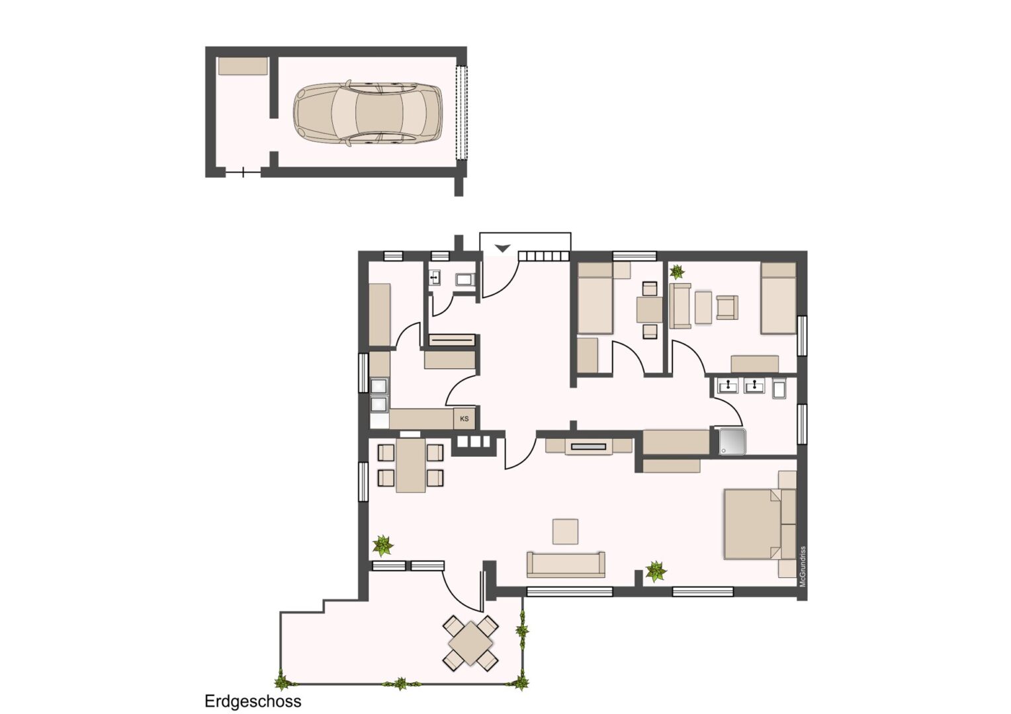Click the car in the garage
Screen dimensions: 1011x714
pos(368,113)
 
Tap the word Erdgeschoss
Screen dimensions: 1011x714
pos(253,701)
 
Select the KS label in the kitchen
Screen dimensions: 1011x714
pos(464,418)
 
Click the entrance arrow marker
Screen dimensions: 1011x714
pos(502,248)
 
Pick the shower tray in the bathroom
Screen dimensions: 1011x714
pos(732,442)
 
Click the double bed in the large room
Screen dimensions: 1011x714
pos(752,524)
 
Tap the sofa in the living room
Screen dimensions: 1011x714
pos(566,564)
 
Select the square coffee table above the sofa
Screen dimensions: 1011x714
pos(565,532)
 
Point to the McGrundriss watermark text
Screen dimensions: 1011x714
pos(803,567)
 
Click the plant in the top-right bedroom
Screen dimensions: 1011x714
pos(677,272)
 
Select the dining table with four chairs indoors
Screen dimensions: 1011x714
pos(411,465)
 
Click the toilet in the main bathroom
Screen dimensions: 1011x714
pos(779,389)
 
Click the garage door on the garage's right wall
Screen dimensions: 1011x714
pos(461,113)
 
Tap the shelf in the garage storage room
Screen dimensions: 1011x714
pos(243,66)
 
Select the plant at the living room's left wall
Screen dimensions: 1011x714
pos(382,546)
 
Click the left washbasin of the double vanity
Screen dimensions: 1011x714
pos(728,387)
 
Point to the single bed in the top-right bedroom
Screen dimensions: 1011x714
pos(778,299)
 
